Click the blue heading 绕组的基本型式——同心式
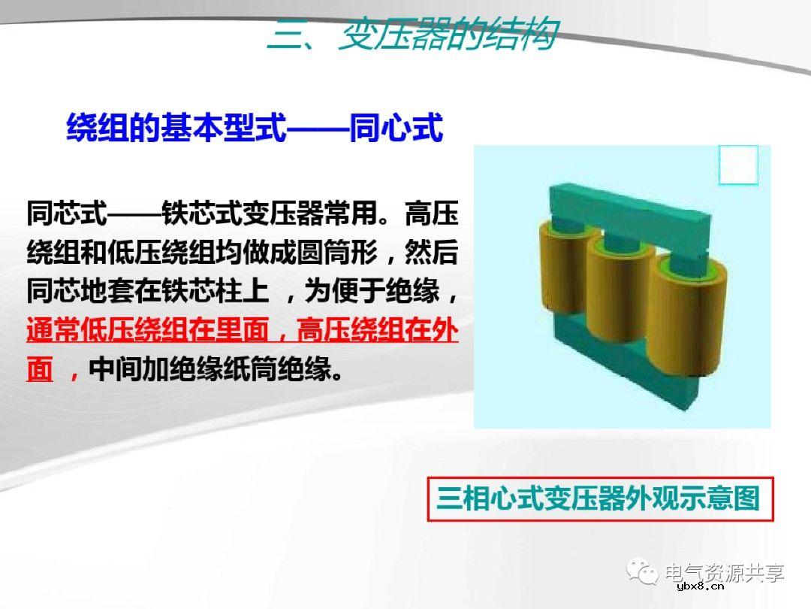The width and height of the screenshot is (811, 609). pos(255,128)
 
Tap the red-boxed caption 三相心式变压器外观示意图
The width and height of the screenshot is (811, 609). pos(598,498)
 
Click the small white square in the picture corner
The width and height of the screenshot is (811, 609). pos(738,165)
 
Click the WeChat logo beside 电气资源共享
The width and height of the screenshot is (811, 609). pos(645,572)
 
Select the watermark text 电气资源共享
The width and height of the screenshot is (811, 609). pos(725,572)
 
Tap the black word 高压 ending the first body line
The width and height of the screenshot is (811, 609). pos(431,213)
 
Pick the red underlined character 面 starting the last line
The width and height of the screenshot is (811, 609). pos(40,370)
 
